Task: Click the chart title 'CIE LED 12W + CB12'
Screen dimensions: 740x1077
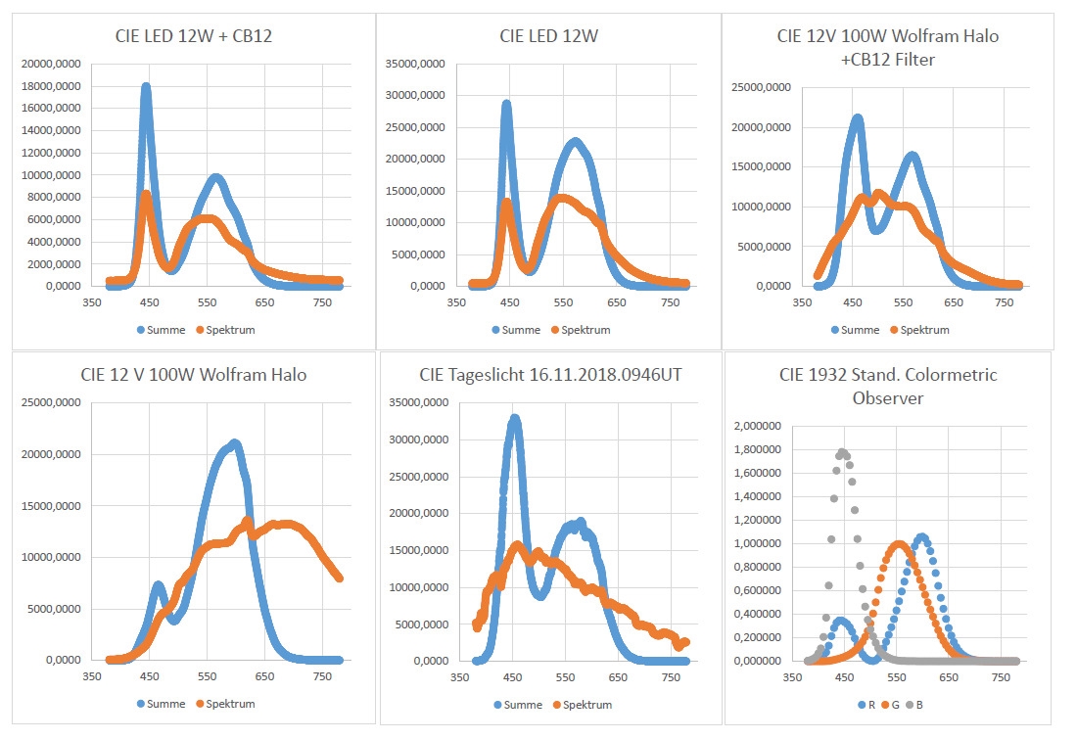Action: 192,37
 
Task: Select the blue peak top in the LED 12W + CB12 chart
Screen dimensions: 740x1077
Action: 146,88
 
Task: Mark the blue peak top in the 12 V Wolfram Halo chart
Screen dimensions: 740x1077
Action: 234,443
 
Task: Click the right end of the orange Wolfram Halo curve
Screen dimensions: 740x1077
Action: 339,578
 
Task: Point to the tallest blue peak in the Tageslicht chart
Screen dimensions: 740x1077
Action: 514,419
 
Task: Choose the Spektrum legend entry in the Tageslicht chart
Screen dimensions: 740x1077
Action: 583,705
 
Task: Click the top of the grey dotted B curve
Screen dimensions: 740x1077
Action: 841,452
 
